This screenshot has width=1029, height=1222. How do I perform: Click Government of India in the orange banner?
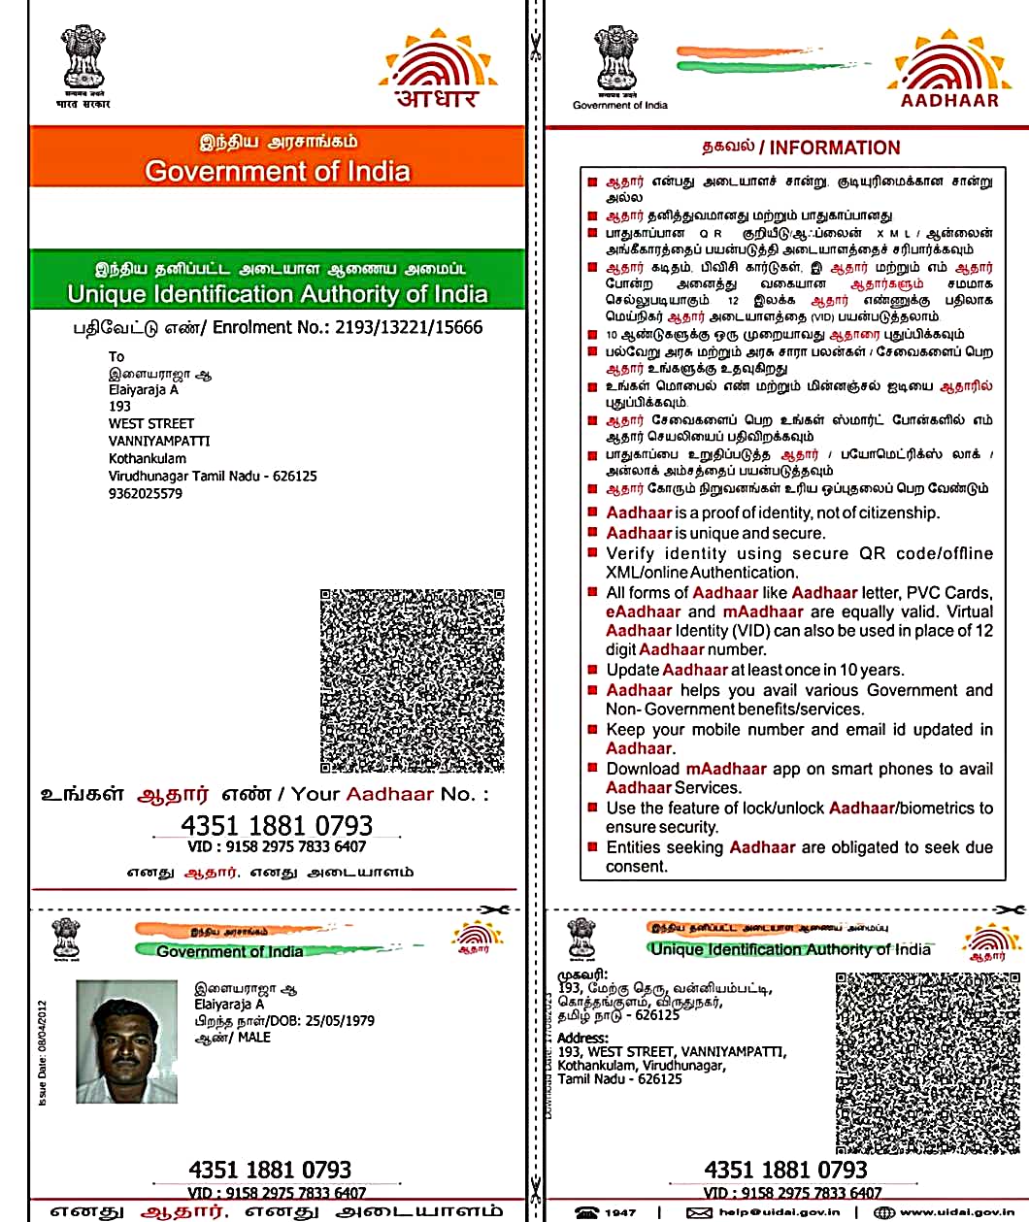pyautogui.click(x=278, y=172)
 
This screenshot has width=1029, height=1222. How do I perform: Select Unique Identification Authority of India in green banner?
pyautogui.click(x=278, y=294)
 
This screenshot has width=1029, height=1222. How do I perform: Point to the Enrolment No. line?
pyautogui.click(x=278, y=327)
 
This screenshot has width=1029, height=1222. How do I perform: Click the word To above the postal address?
pyautogui.click(x=116, y=356)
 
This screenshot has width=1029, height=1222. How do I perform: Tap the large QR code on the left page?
pyautogui.click(x=413, y=680)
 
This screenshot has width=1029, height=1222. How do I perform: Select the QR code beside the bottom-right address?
pyautogui.click(x=928, y=1063)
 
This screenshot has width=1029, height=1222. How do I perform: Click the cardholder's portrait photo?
pyautogui.click(x=127, y=1041)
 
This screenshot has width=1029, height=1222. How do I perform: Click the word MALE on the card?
pyautogui.click(x=254, y=1038)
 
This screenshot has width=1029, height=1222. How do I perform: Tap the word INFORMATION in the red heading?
pyautogui.click(x=835, y=149)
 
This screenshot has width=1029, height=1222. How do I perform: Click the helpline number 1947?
pyautogui.click(x=620, y=1212)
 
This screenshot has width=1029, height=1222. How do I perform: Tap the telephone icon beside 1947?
pyautogui.click(x=587, y=1212)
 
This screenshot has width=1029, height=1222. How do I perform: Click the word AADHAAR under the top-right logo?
pyautogui.click(x=949, y=100)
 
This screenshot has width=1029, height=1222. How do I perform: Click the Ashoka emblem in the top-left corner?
pyautogui.click(x=83, y=58)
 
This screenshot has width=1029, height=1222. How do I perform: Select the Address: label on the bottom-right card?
pyautogui.click(x=582, y=1038)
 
